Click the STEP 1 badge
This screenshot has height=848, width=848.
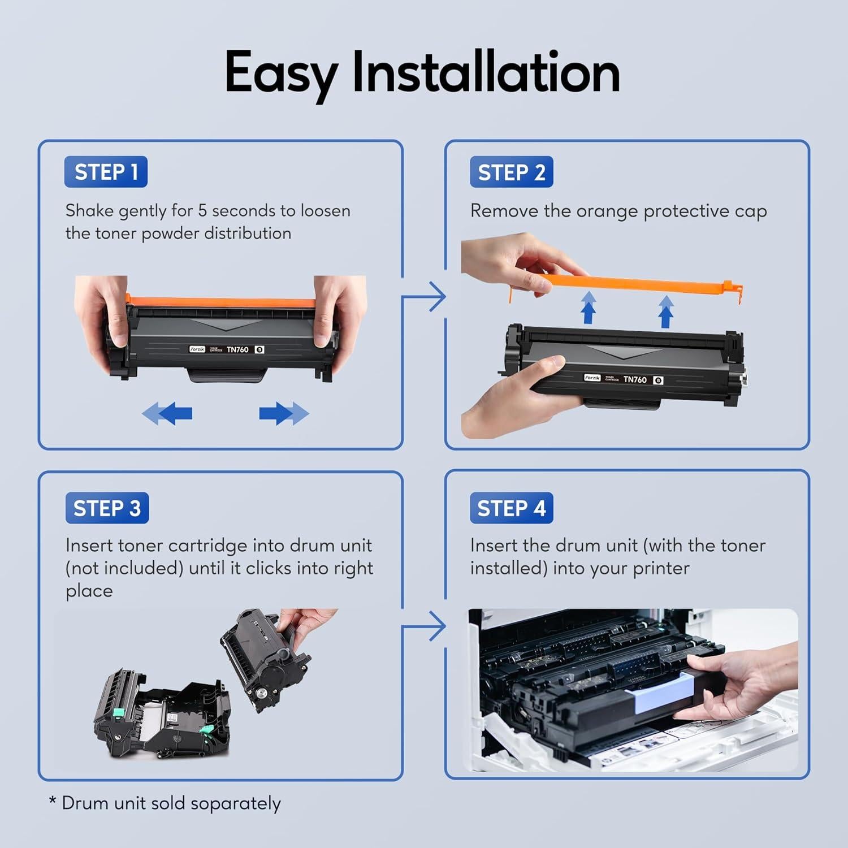pos(106,172)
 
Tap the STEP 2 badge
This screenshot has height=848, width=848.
pos(511,172)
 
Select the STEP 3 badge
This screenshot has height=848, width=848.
pos(107,508)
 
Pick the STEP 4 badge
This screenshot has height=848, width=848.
pos(511,508)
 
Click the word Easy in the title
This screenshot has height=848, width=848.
pos(281,73)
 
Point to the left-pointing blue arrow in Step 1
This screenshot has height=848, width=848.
pos(167,414)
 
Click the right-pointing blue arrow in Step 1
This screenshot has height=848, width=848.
pos(284,414)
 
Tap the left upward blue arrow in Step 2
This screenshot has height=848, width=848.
pos(589,308)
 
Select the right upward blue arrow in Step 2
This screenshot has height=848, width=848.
pos(666,311)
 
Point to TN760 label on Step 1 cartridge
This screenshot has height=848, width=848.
pos(237,349)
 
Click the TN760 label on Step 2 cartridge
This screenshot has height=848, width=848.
pos(634,379)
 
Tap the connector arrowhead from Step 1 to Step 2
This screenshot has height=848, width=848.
pos(437,296)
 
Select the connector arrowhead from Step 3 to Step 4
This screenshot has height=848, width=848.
pos(437,626)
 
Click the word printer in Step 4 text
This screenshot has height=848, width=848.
pos(660,568)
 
